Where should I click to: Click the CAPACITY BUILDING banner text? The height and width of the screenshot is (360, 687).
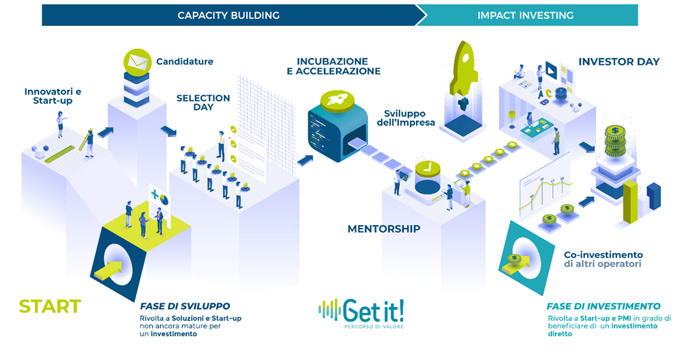[229, 14]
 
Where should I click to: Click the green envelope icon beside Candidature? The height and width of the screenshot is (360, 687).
[136, 62]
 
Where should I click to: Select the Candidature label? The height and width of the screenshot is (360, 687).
[185, 62]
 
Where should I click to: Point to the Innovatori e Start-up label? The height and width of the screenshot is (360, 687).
[48, 96]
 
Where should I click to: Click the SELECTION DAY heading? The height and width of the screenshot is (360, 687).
[203, 103]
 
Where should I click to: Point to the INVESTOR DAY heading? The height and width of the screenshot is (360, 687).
[619, 62]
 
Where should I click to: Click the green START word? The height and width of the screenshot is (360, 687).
[50, 307]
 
